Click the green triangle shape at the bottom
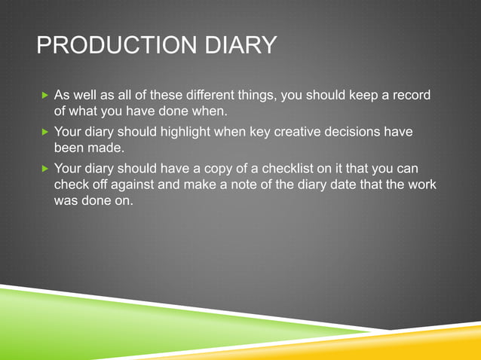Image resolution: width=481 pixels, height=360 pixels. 113,324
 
